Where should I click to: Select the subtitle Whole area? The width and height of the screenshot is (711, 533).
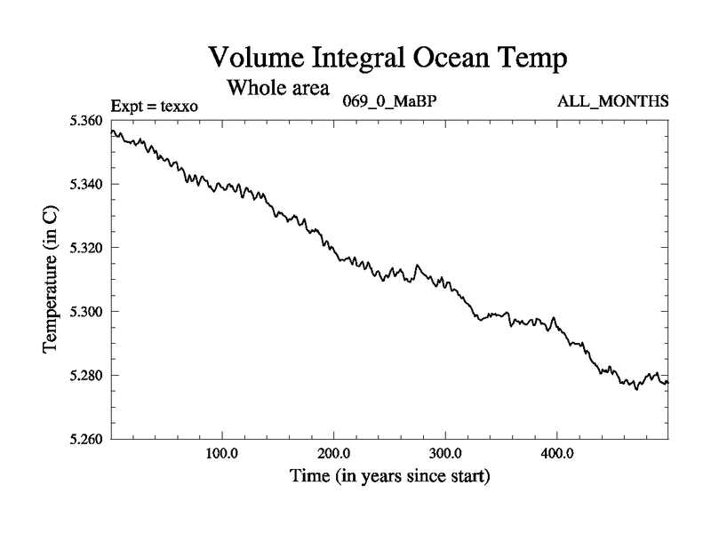pos(278,88)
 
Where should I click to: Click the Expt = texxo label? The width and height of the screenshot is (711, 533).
pos(154,107)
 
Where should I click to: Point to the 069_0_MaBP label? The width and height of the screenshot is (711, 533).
pos(389,100)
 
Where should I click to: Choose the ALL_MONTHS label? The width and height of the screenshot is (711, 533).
pos(612,100)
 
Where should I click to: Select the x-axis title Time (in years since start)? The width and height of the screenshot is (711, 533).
pos(389,476)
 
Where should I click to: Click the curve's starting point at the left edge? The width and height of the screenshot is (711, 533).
pos(110,131)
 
